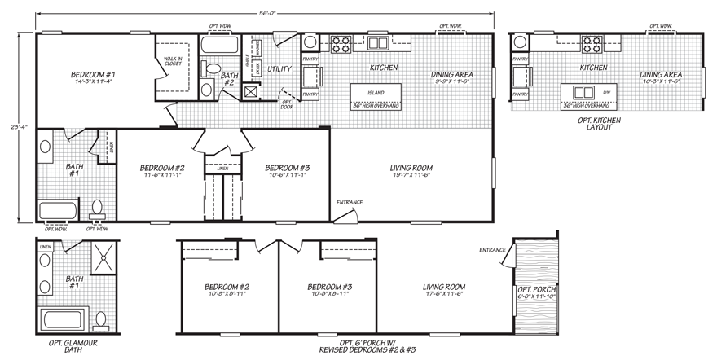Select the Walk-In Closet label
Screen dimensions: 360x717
(x=172, y=60)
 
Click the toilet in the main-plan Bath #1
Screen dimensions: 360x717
(x=98, y=209)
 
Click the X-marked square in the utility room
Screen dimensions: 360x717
(x=249, y=91)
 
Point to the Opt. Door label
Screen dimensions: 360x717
(x=288, y=103)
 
